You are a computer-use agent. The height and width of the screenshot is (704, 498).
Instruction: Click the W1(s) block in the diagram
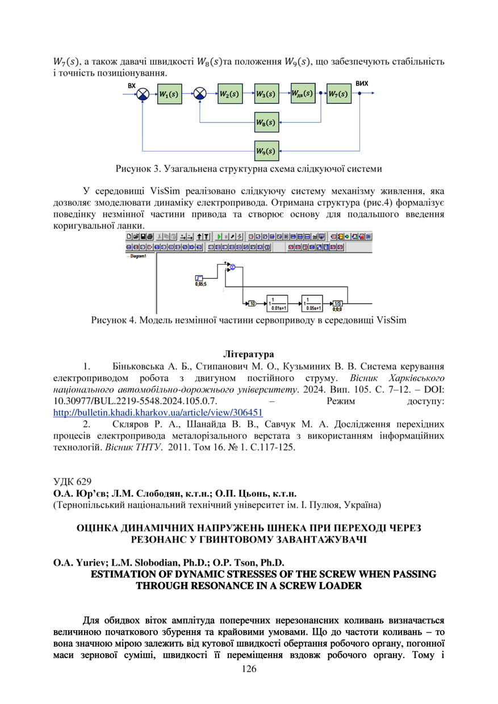click(x=170, y=94)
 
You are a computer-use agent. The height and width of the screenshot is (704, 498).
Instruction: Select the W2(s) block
click(x=229, y=94)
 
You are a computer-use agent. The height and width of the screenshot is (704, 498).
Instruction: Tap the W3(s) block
click(x=265, y=94)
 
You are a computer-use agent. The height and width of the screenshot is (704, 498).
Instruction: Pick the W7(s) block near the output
click(x=338, y=94)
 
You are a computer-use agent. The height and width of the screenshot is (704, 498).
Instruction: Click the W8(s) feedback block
click(x=265, y=122)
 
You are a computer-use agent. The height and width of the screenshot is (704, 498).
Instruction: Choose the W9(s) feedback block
click(x=265, y=151)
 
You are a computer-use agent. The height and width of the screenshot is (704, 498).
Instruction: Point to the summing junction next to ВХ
click(x=143, y=94)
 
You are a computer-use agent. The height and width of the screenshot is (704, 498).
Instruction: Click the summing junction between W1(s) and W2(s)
click(x=200, y=94)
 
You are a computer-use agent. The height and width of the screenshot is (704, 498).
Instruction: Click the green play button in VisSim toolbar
click(x=219, y=236)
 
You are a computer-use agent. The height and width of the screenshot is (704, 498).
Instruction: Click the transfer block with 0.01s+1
click(x=278, y=303)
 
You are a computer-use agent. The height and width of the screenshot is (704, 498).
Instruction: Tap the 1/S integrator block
click(x=338, y=303)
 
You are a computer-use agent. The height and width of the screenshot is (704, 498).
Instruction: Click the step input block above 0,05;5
click(x=199, y=278)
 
